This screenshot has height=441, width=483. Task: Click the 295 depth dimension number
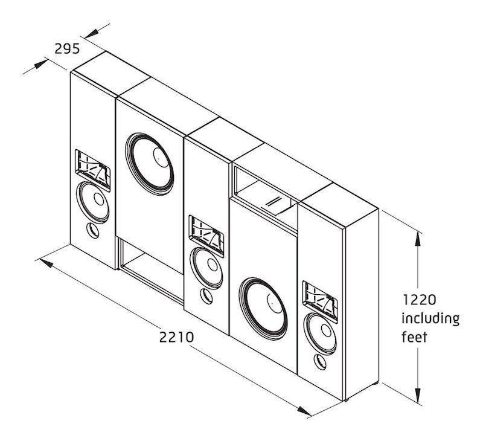pyautogui.click(x=67, y=49)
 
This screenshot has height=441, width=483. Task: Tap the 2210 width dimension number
pyautogui.click(x=176, y=337)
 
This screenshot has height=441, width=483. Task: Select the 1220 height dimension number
pyautogui.click(x=419, y=300)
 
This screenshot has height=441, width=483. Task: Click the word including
pyautogui.click(x=430, y=318)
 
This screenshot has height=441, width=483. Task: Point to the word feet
pyautogui.click(x=414, y=337)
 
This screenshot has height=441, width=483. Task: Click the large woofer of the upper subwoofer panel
pyautogui.click(x=150, y=164)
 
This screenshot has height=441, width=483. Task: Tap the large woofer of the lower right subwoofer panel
pyautogui.click(x=263, y=309)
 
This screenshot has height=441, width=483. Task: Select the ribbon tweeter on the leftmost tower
pyautogui.click(x=93, y=169)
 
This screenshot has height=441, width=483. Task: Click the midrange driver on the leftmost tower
pyautogui.click(x=93, y=202)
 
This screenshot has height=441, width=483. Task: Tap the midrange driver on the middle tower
pyautogui.click(x=206, y=268)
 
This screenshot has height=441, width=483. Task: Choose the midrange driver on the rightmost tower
pyautogui.click(x=320, y=333)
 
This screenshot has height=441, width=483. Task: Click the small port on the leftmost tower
pyautogui.click(x=93, y=231)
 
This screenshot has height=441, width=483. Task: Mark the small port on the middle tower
pyautogui.click(x=206, y=296)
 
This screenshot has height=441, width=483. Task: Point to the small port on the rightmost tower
pyautogui.click(x=320, y=362)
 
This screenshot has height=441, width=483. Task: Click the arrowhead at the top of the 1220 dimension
pyautogui.click(x=418, y=238)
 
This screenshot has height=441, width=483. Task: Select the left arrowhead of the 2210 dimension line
pyautogui.click(x=46, y=263)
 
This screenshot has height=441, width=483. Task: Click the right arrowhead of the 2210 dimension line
pyautogui.click(x=304, y=411)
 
